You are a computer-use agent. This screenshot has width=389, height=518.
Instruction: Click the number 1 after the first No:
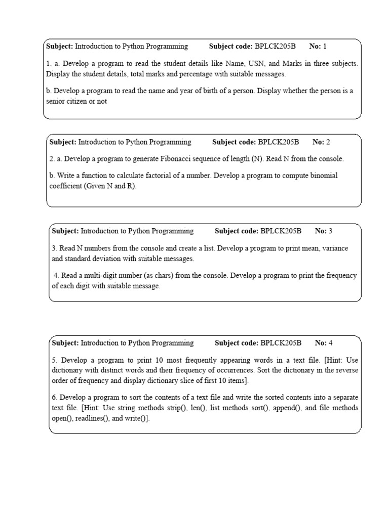coord(325,47)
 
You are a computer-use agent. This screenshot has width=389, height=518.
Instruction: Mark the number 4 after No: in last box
coord(330,343)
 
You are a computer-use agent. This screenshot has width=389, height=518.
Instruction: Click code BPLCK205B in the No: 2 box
coord(279,142)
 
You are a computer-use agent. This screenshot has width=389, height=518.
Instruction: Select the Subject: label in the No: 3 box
coord(65,231)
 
